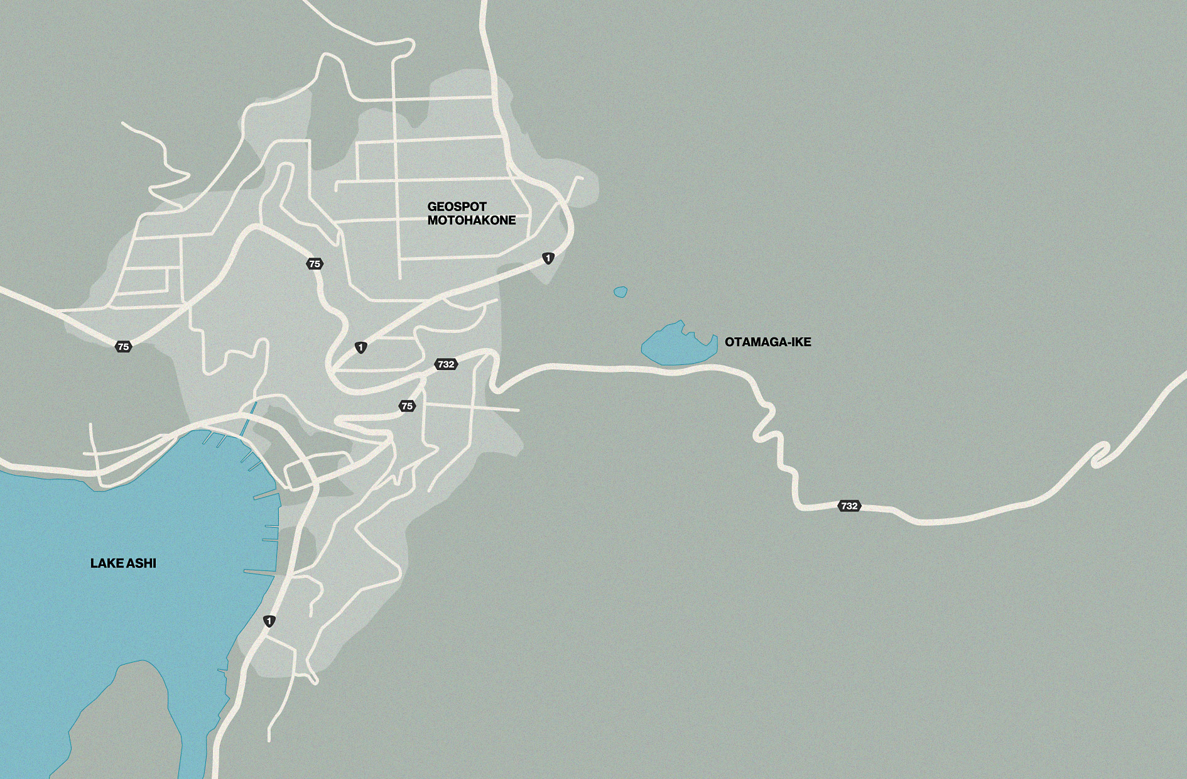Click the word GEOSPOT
coord(457,207)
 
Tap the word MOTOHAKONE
coord(472,221)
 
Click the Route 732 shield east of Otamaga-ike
coord(848,506)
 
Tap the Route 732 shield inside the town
coord(446,364)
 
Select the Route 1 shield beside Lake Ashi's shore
coord(269,621)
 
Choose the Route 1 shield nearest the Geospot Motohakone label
coord(548,258)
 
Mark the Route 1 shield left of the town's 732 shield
coord(360,347)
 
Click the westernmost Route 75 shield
coord(123,347)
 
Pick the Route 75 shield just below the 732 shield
coord(407,406)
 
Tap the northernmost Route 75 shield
coord(315,264)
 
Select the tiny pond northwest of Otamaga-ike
coord(621,292)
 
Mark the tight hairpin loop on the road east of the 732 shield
coord(1100,454)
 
